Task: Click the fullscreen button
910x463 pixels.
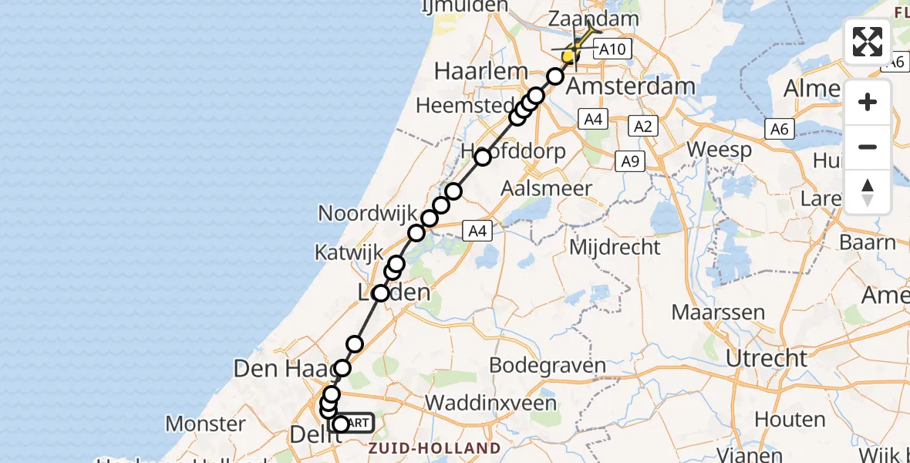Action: pos(868,42)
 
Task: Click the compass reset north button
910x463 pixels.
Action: pos(868,192)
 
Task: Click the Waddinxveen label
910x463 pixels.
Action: pos(490,403)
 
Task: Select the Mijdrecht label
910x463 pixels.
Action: pos(615,247)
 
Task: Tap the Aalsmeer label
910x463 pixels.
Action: pos(546,188)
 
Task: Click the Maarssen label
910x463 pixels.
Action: pos(718,313)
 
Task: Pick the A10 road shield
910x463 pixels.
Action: pos(612,49)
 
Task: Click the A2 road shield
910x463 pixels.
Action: pos(642,126)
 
